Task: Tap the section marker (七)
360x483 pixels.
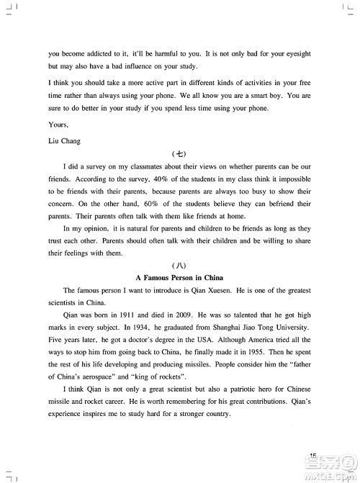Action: pos(180,153)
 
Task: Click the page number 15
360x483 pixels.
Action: pos(313,455)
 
